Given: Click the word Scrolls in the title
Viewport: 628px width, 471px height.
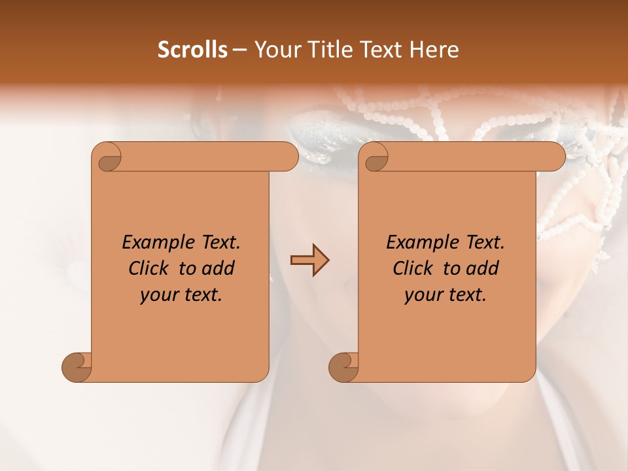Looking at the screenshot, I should [x=192, y=50].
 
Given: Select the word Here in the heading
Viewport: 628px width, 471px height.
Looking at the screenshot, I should [x=434, y=50].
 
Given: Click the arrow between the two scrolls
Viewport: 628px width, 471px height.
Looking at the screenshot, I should [x=309, y=260].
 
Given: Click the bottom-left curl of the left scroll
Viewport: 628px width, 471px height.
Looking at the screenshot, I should [x=77, y=366].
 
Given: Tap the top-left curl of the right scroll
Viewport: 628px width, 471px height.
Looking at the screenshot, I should [x=375, y=157].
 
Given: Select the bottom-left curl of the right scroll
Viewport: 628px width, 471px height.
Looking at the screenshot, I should [x=344, y=366].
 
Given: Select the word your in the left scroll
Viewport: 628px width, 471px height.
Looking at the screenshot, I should [x=158, y=295].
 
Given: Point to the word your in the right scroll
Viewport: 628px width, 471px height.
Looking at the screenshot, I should [x=422, y=295].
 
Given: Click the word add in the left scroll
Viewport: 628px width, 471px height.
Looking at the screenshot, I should [x=218, y=268].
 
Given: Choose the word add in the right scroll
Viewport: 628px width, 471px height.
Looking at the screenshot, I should [x=483, y=268].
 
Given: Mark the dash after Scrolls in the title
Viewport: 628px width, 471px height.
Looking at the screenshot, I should [x=239, y=50].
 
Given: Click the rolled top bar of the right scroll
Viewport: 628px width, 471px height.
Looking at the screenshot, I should [x=471, y=157].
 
